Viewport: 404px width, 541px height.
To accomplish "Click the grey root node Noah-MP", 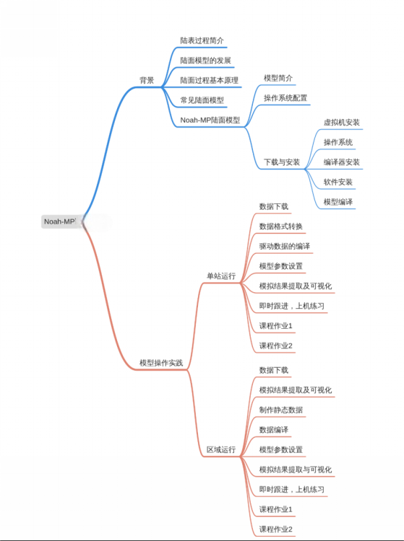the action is point(60,221).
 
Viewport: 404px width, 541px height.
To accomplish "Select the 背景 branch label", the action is point(147,80).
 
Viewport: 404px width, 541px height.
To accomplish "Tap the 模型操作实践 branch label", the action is point(161,363).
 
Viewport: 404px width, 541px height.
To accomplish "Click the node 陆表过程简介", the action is point(202,40).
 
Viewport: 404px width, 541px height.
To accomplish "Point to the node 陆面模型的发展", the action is point(206,61).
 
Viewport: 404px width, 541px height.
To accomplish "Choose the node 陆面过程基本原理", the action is point(210,80).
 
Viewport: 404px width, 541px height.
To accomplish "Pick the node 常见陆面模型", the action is point(202,100).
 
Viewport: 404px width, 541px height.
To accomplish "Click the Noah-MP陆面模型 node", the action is point(210,120).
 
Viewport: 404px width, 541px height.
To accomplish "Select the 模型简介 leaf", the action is point(278,79).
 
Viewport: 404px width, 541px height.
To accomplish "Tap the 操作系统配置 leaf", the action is point(285,98).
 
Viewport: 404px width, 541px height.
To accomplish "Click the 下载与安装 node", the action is point(282,162).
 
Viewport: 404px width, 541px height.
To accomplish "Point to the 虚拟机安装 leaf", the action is point(342,123).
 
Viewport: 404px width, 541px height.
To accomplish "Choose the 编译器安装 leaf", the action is point(342,162).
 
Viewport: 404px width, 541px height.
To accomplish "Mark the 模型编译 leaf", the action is point(338,202).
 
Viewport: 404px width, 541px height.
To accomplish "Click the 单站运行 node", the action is point(221,276).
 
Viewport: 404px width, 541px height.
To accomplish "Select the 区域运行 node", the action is point(221,449).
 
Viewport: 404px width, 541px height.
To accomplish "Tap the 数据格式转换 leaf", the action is point(281,226).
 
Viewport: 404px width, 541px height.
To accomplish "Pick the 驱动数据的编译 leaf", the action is point(285,247).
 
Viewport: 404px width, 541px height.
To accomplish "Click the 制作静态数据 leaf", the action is point(281,410).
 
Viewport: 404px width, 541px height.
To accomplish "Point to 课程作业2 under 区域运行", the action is point(276,529).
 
